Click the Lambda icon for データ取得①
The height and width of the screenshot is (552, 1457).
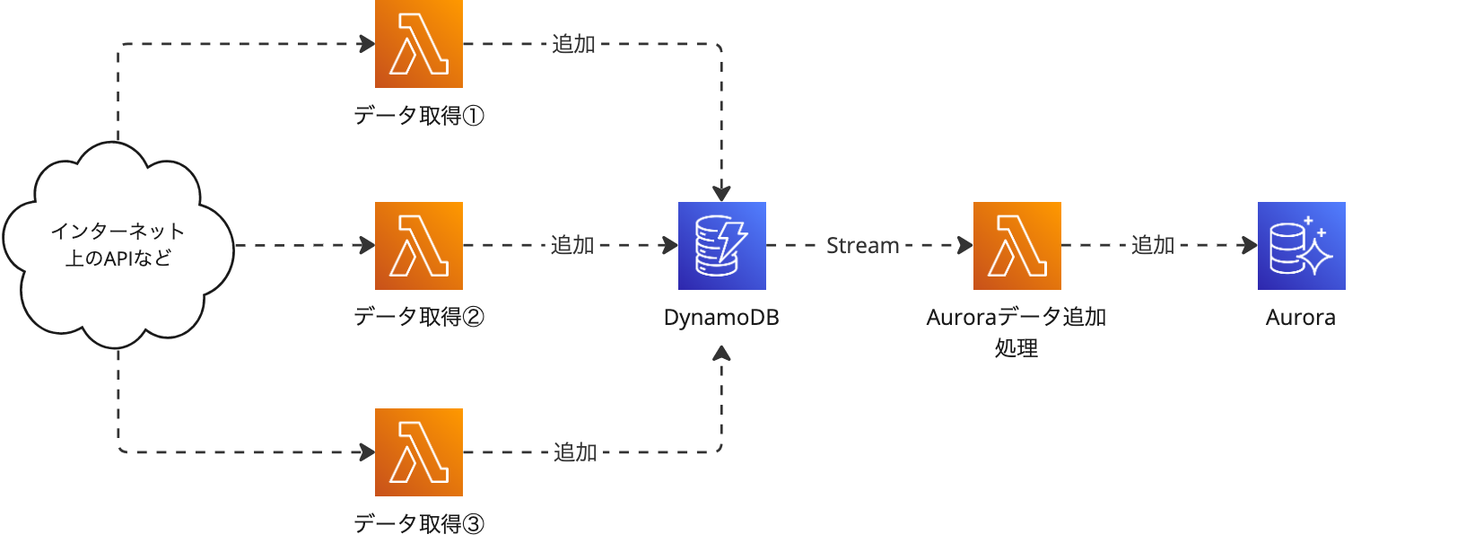tap(419, 43)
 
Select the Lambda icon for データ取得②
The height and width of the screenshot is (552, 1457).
tap(419, 245)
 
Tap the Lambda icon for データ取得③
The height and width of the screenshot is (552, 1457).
tap(419, 451)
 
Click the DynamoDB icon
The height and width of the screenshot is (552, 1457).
tap(721, 245)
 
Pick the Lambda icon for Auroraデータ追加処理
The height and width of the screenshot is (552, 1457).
tap(1016, 245)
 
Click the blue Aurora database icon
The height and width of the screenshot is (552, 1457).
tap(1301, 245)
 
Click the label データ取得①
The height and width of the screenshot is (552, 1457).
tap(418, 116)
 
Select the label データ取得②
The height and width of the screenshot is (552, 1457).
tap(418, 317)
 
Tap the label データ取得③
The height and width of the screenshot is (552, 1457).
tap(418, 523)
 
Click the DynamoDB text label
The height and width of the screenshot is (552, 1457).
tap(720, 318)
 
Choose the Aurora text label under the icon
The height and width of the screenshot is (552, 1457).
tap(1300, 318)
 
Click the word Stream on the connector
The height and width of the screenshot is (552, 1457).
tap(862, 245)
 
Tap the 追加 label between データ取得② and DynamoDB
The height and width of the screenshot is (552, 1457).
tap(572, 245)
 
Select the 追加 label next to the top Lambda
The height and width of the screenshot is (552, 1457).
tap(573, 44)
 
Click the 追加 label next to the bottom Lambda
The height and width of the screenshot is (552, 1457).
tap(575, 452)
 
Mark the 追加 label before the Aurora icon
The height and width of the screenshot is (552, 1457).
tap(1153, 245)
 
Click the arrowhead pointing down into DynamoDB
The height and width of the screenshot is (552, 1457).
tap(721, 193)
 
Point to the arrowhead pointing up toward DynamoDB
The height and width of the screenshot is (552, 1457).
tap(721, 354)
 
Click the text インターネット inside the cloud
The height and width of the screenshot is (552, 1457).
tap(118, 232)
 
